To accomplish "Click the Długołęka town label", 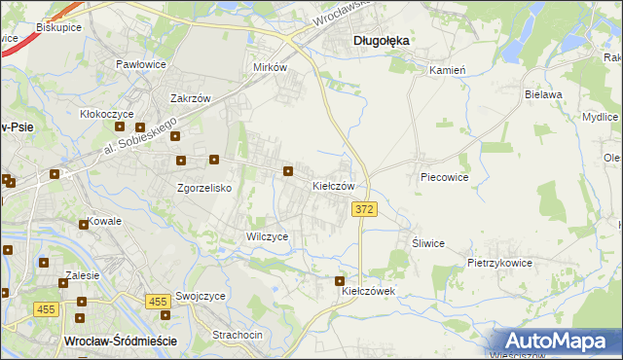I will click(380, 41).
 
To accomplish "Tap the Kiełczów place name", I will click(339, 185).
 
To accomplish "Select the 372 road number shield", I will click(364, 210).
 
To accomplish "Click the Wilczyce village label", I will click(267, 236).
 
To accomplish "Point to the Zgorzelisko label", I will click(203, 188).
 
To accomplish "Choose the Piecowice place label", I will click(445, 178).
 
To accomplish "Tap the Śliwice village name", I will click(428, 243).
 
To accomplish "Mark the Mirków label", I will click(270, 67).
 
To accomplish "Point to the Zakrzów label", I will click(192, 98).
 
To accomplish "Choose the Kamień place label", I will click(449, 70).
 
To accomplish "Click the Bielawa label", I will click(544, 94).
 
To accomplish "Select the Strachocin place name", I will click(238, 335).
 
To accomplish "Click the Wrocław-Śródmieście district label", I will click(119, 341).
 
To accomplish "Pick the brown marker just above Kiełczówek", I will click(340, 281).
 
